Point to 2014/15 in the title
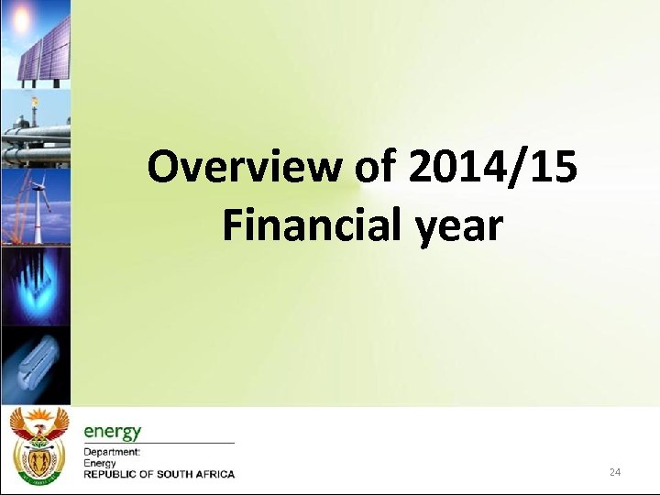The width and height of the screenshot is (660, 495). (493, 169)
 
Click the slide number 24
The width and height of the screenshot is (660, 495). (614, 472)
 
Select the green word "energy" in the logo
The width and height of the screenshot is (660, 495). (112, 432)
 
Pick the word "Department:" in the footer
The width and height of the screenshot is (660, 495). (112, 453)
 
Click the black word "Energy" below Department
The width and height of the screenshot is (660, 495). (100, 464)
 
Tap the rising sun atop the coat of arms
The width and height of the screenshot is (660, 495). (38, 417)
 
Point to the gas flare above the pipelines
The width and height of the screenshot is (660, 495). (34, 103)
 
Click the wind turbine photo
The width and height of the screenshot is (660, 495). (35, 206)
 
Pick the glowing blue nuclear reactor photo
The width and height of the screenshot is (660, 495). (35, 284)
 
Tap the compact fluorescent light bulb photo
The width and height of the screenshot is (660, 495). (35, 362)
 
